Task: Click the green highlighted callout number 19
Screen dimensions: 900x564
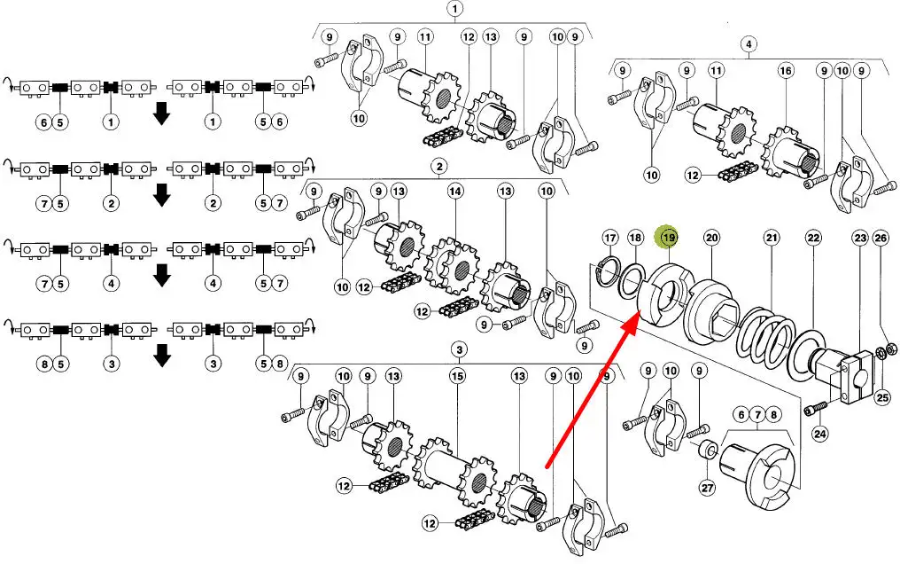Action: click(x=669, y=237)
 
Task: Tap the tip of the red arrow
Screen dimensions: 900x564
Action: click(x=640, y=311)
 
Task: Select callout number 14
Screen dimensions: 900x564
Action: click(x=455, y=191)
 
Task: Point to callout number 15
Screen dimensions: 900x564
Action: click(x=457, y=376)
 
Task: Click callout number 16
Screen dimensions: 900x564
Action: click(x=786, y=71)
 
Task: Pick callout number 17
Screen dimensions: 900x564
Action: click(x=610, y=238)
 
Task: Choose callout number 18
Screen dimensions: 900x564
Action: click(x=635, y=238)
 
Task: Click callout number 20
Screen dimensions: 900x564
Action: click(x=711, y=238)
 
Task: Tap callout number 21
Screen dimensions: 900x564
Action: click(x=772, y=238)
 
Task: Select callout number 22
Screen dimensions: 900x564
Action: click(x=814, y=238)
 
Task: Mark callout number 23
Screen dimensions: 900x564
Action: click(x=860, y=238)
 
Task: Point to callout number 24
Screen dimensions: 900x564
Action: click(x=820, y=434)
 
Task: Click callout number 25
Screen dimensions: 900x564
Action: click(x=883, y=396)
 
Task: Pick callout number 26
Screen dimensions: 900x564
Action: click(x=881, y=238)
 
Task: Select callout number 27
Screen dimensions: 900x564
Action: click(x=707, y=488)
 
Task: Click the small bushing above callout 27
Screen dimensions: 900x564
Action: click(x=709, y=450)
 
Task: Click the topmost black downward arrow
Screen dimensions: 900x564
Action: click(x=162, y=114)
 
